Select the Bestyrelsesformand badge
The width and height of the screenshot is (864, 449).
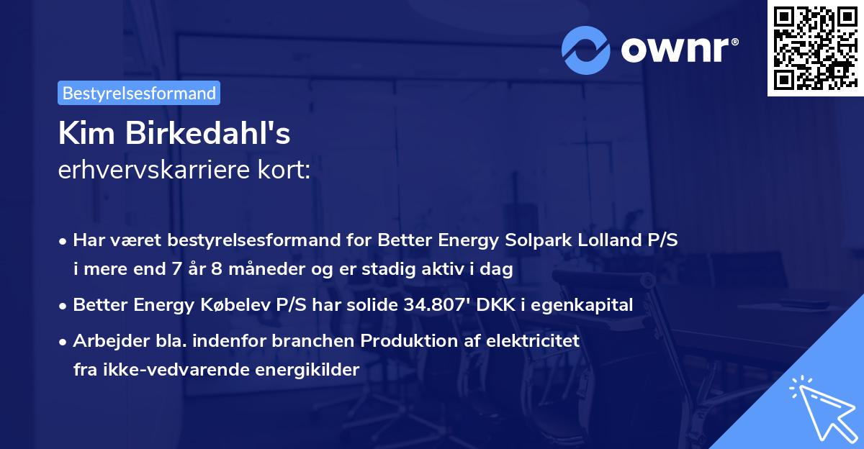[x=139, y=93]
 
